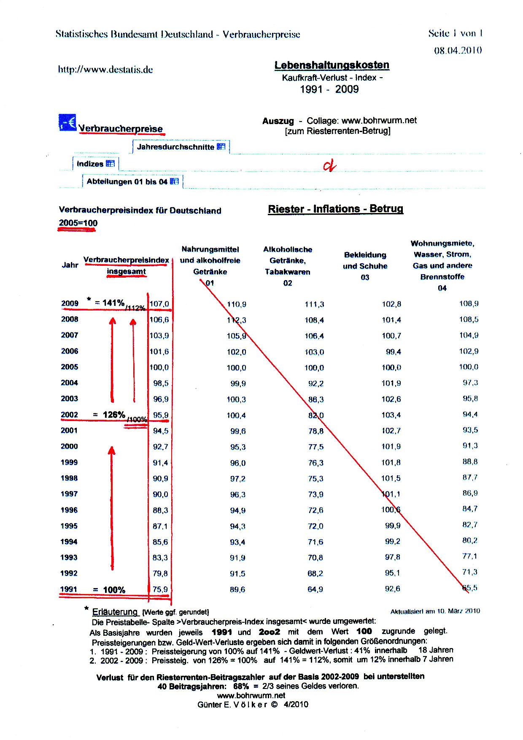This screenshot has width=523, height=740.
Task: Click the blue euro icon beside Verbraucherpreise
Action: click(x=67, y=122)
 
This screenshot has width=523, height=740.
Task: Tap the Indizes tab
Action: click(x=95, y=164)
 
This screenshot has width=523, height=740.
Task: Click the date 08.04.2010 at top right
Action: click(x=458, y=51)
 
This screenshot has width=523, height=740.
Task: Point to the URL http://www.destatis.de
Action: click(x=105, y=70)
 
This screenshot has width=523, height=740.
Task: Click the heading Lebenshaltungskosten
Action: click(x=332, y=65)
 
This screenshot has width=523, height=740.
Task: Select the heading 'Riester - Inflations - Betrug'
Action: click(x=335, y=209)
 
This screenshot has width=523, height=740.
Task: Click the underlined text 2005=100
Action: click(x=78, y=223)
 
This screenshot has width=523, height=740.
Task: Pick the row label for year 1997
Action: click(x=69, y=494)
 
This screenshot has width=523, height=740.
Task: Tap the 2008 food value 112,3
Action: click(x=237, y=320)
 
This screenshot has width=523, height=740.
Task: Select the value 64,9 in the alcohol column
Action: click(x=315, y=589)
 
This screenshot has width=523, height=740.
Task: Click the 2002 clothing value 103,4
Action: click(x=391, y=415)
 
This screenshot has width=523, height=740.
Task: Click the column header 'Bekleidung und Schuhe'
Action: click(x=365, y=266)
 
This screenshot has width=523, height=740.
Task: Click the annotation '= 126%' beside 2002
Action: click(x=109, y=415)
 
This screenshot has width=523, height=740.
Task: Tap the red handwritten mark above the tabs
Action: click(x=329, y=166)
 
